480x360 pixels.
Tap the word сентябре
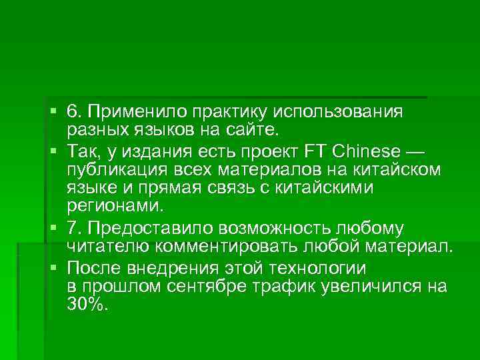227,287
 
